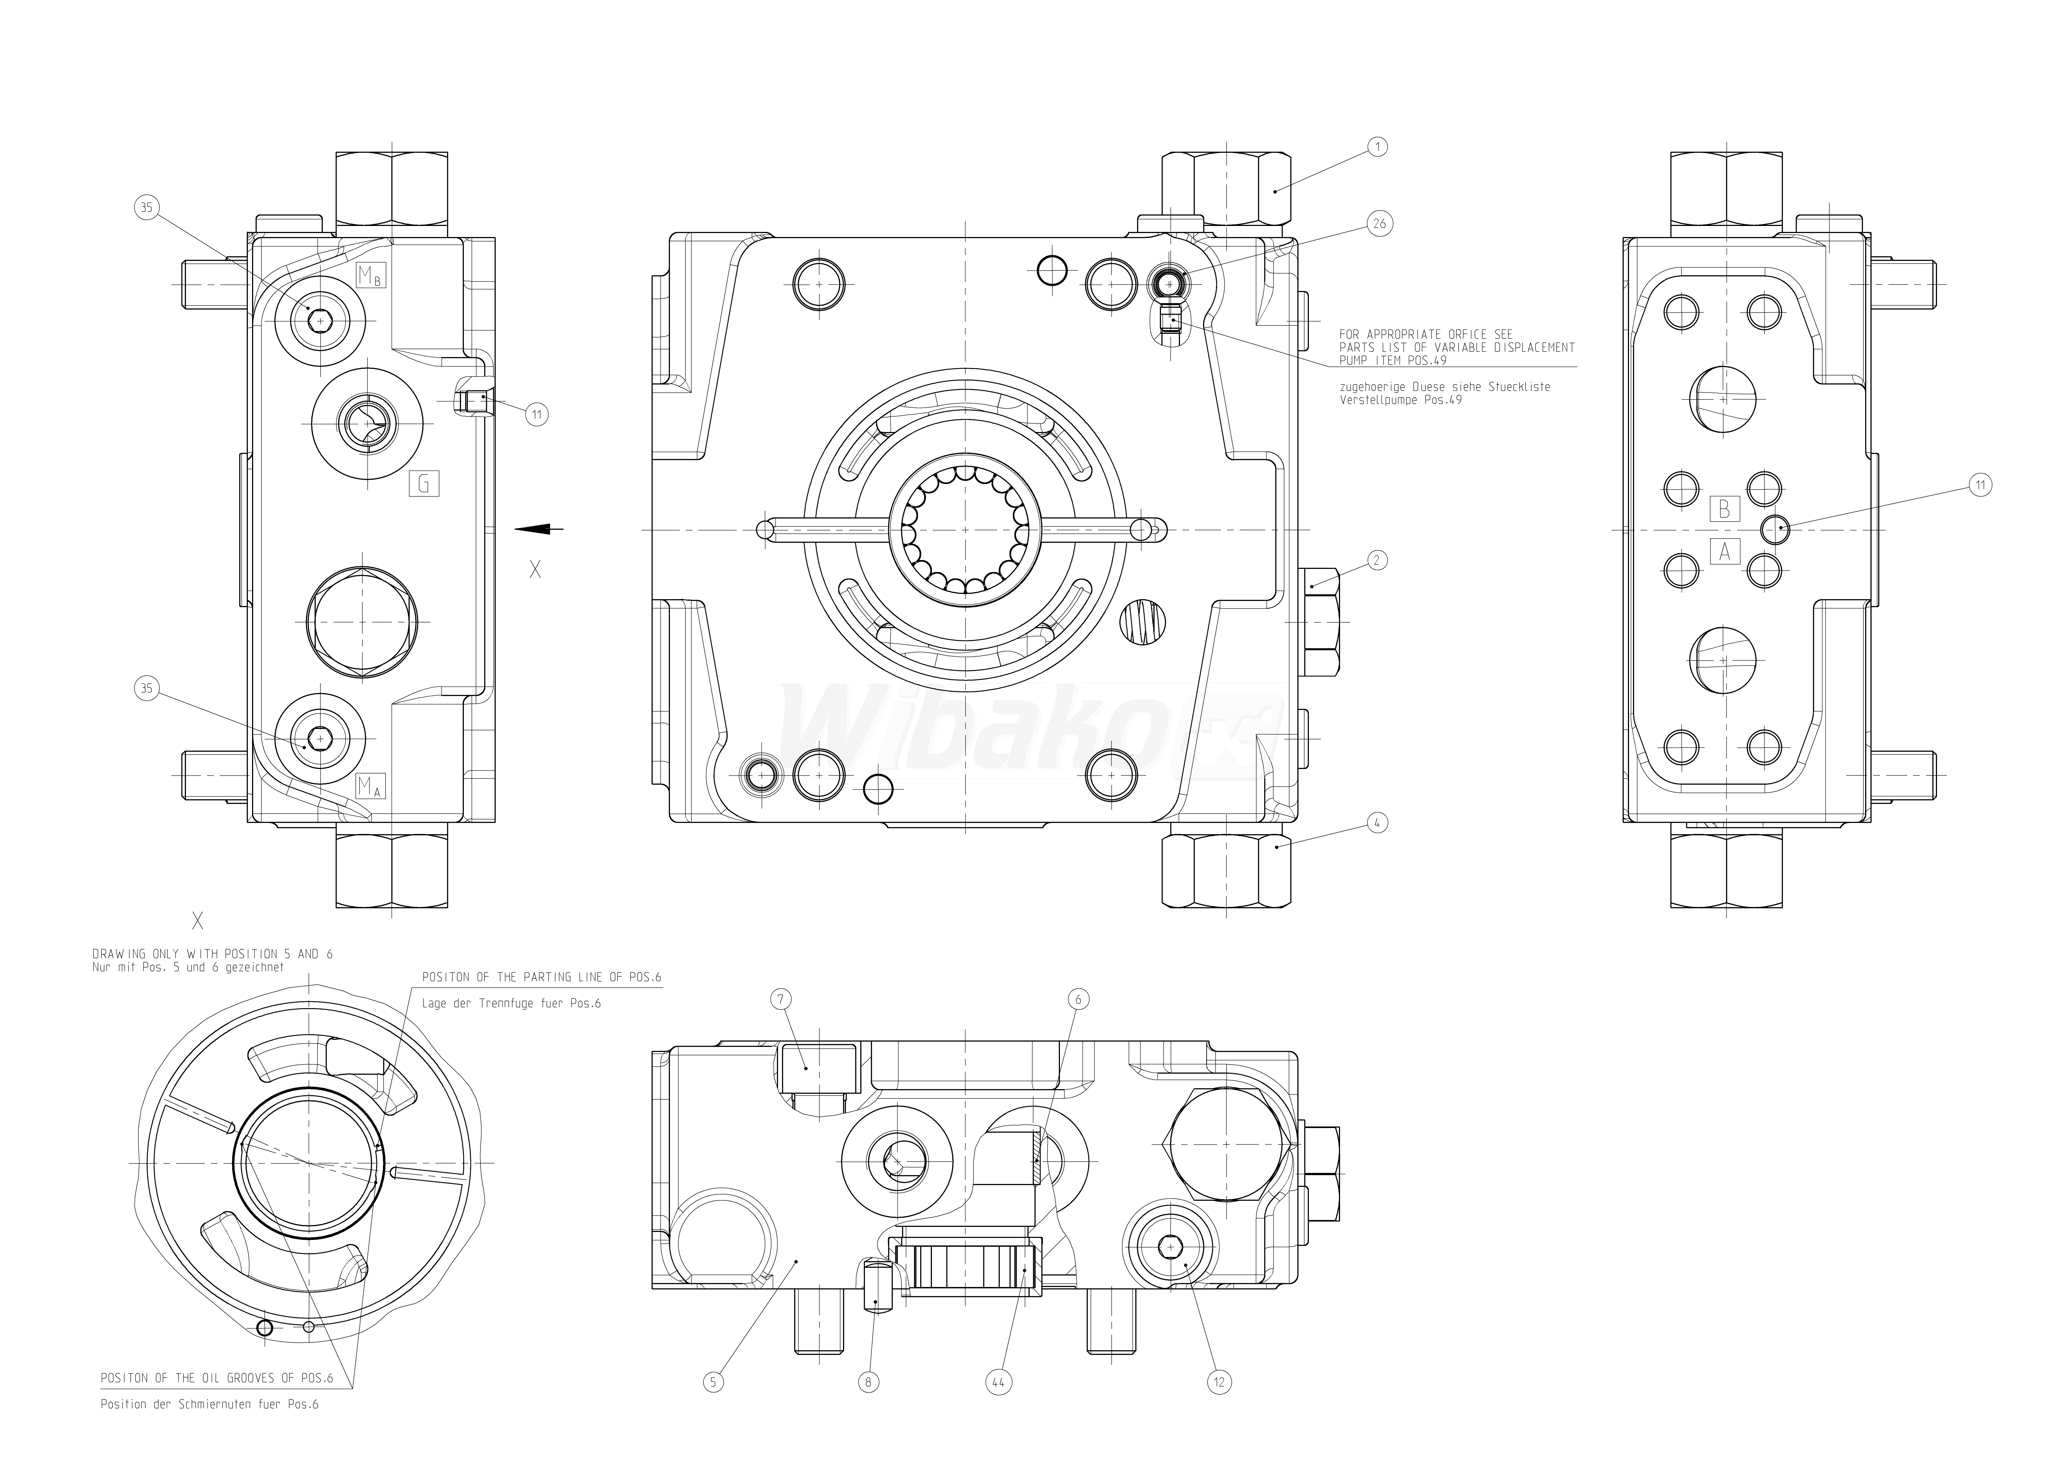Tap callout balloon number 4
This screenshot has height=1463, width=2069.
coord(1376,822)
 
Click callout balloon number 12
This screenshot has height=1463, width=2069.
coord(1219,1382)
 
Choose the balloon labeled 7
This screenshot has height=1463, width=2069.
coord(781,999)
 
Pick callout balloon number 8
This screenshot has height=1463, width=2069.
coord(868,1382)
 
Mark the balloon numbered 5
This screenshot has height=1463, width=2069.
coord(713,1382)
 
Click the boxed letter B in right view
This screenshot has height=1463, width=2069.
coord(1724,508)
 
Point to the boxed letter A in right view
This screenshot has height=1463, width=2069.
coord(1724,551)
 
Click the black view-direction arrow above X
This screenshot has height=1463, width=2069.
coord(539,529)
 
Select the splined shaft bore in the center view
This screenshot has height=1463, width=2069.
coord(965,529)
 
